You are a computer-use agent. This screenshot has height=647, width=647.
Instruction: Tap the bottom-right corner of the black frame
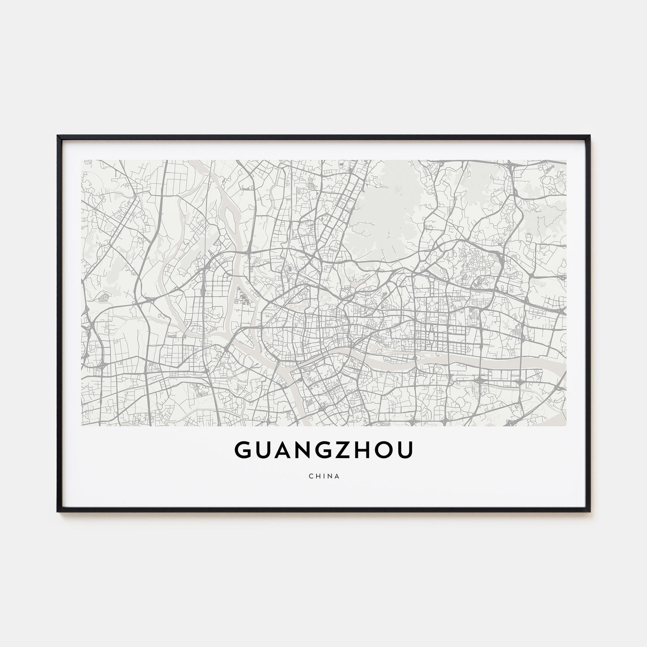click(590, 511)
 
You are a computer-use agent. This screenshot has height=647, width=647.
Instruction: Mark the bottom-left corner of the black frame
click(58, 511)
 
